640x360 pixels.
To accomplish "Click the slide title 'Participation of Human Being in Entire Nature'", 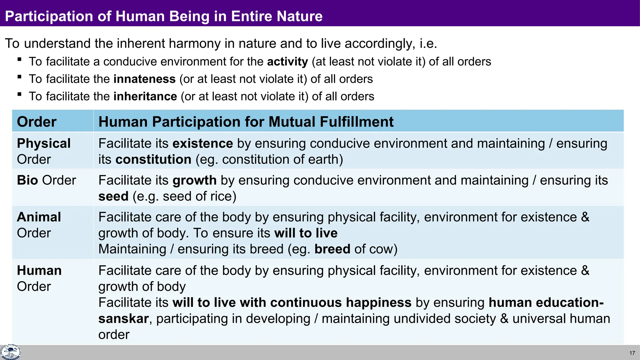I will click(x=164, y=16).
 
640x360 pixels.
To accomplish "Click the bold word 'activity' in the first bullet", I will click(x=287, y=62).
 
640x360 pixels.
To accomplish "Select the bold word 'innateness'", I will click(x=144, y=79).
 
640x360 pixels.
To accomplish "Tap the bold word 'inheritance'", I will click(x=145, y=97).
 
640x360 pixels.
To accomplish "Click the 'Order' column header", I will click(x=37, y=122).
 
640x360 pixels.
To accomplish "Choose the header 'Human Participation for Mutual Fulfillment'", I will click(x=246, y=122).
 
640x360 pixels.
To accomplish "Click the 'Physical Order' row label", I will click(x=43, y=151).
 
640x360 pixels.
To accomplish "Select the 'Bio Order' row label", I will click(x=46, y=180).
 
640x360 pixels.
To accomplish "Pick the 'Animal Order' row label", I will click(x=39, y=225).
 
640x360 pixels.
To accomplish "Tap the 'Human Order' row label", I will click(x=39, y=278).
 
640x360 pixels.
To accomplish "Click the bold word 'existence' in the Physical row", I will click(x=202, y=143).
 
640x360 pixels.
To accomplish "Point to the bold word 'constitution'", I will click(x=153, y=160).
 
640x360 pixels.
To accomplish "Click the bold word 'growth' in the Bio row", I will click(x=194, y=180).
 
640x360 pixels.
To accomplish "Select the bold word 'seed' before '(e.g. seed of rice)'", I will click(x=113, y=197).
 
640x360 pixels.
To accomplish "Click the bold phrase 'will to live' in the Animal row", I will click(x=306, y=233).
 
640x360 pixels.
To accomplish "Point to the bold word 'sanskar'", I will click(x=123, y=319).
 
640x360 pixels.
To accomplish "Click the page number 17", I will click(x=632, y=353).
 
